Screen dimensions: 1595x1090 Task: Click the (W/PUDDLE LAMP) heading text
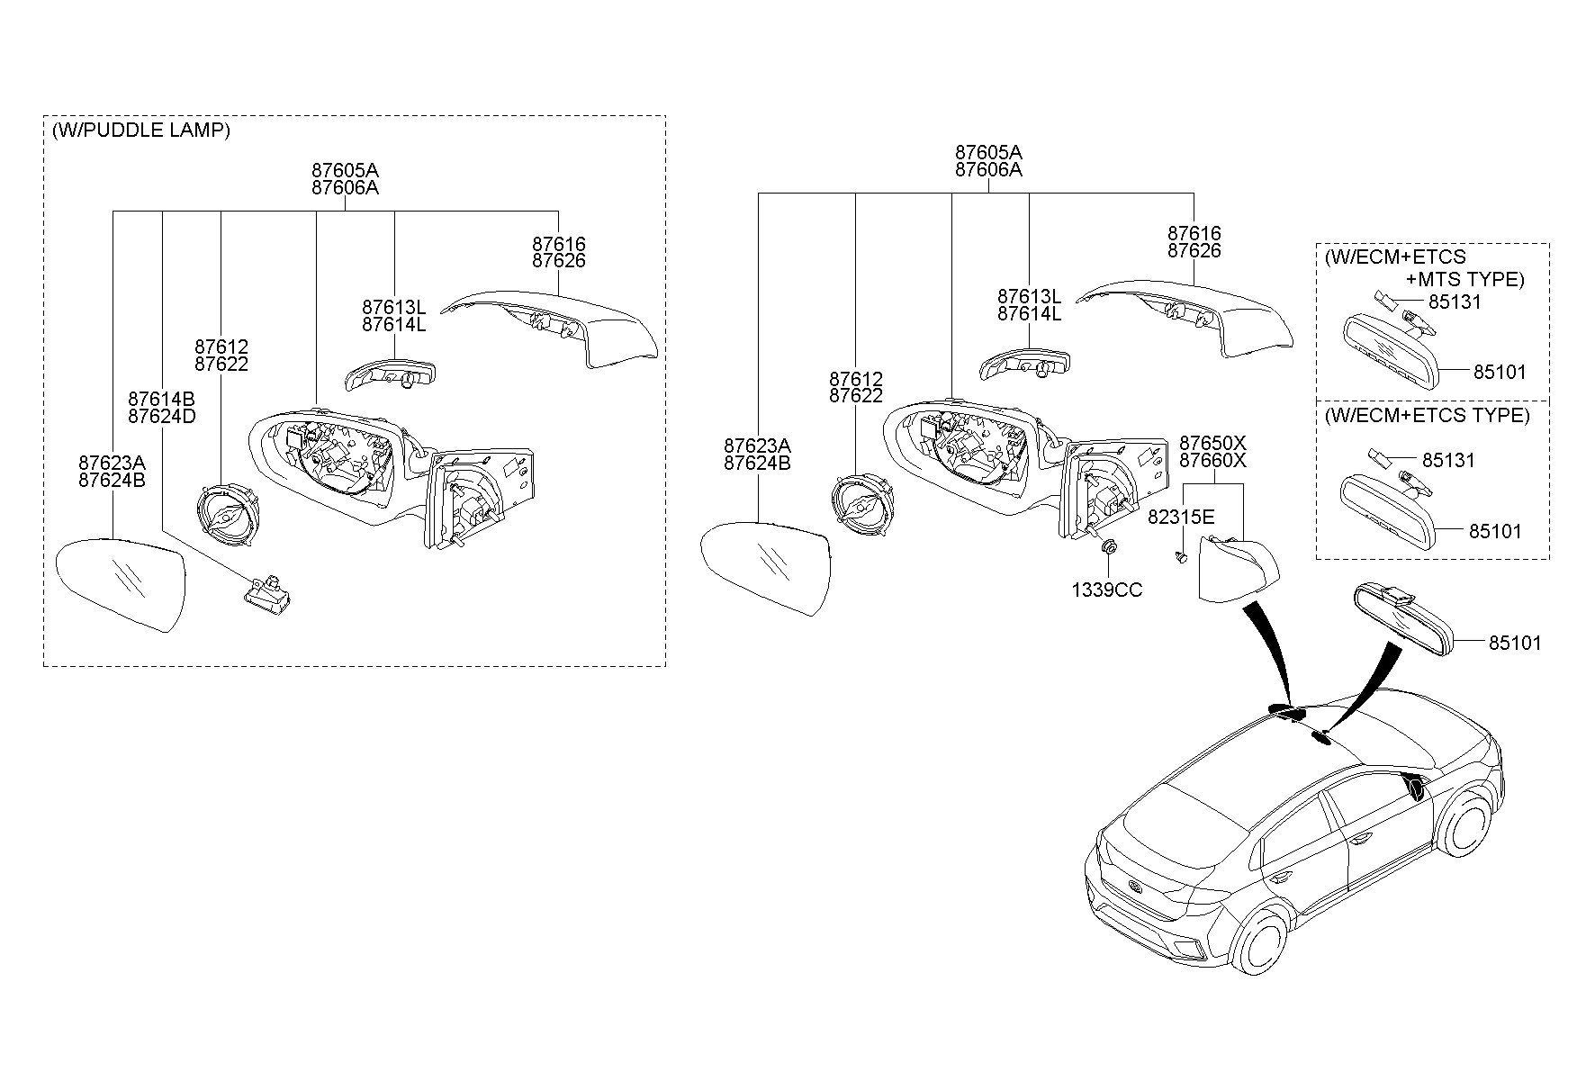point(141,131)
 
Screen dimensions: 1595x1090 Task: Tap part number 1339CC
point(1106,590)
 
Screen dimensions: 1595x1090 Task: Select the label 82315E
point(1181,518)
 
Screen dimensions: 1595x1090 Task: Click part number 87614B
point(161,399)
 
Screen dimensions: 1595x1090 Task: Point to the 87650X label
point(1212,443)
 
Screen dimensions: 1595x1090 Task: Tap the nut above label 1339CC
point(1109,547)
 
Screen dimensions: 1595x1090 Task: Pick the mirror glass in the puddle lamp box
point(121,581)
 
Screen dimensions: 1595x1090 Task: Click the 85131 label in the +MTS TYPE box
point(1455,302)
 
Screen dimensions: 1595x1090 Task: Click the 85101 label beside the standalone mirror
point(1514,643)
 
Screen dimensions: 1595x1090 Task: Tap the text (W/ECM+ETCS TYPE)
point(1427,416)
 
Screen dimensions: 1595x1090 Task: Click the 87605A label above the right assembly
point(988,152)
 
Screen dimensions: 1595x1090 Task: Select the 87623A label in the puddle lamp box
point(112,463)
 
